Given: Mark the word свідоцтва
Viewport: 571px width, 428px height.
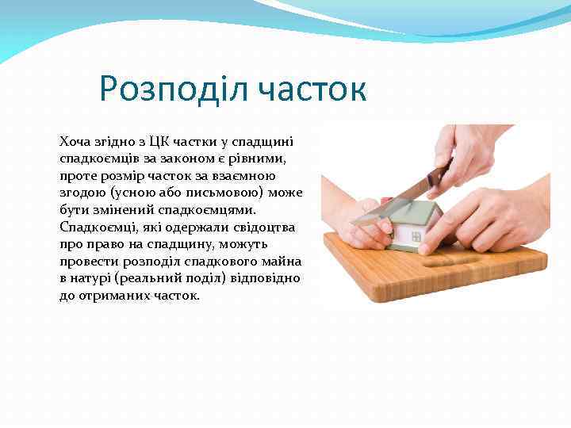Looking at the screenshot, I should (x=266, y=227).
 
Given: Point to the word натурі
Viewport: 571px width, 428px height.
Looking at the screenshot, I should (x=94, y=279).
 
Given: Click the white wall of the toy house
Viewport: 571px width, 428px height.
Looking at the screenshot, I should (x=408, y=235).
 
